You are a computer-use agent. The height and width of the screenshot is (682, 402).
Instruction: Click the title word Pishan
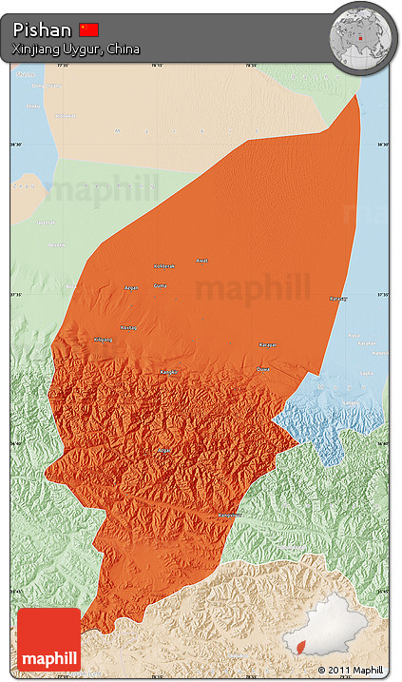[x=42, y=30]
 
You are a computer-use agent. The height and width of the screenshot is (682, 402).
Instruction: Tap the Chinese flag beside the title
[x=89, y=29]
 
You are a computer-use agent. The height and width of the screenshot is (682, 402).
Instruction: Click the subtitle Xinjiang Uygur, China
[x=76, y=49]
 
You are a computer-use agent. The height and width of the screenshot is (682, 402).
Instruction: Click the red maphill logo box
[x=48, y=640]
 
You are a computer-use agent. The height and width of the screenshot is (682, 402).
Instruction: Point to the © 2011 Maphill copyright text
[x=351, y=670]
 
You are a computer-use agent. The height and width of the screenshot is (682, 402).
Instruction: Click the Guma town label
[x=160, y=285]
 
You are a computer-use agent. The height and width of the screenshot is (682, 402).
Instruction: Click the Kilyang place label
[x=103, y=340]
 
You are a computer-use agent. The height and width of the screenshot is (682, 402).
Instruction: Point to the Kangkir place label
[x=168, y=372]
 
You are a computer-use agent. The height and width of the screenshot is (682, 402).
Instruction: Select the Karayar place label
[x=268, y=345]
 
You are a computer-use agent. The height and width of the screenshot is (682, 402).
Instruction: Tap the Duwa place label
[x=263, y=369]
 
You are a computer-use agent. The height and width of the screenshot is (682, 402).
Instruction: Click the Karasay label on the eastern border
[x=337, y=299]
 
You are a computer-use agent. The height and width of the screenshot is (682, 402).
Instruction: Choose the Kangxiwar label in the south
[x=231, y=515]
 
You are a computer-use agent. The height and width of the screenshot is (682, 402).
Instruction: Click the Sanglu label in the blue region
[x=353, y=401]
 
